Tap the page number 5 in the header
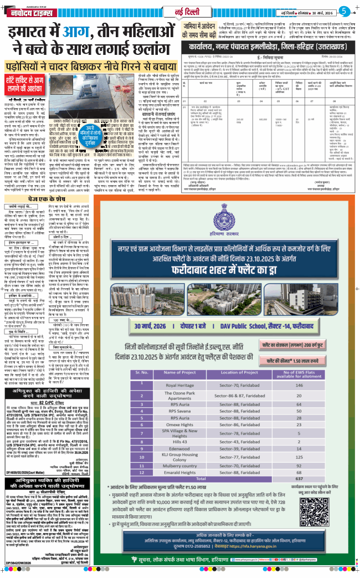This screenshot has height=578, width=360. click(x=344, y=11)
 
